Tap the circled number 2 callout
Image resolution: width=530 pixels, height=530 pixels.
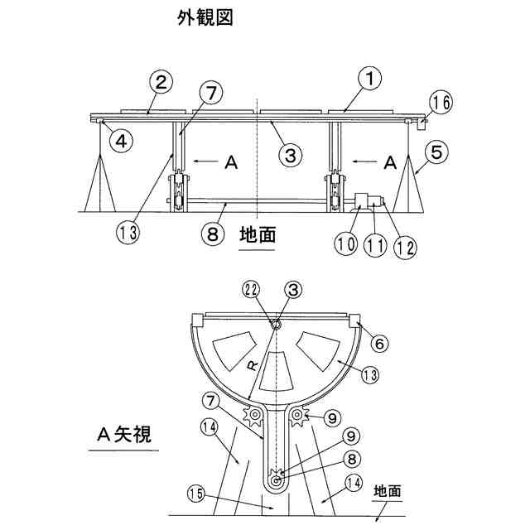click(162, 81)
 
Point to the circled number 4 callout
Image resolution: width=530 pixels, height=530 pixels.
click(122, 140)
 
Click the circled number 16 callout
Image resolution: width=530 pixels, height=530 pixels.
click(440, 104)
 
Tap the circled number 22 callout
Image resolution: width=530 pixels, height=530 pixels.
click(252, 289)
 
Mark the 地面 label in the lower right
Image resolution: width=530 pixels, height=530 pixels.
click(387, 490)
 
